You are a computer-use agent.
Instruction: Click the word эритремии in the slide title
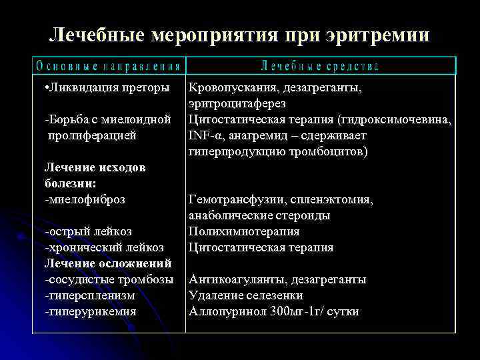click(x=377, y=35)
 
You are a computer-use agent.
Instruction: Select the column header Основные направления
click(x=109, y=66)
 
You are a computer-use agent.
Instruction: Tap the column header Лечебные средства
click(x=320, y=66)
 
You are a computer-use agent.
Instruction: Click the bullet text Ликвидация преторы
click(x=107, y=87)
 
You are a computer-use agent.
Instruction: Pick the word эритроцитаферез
click(x=237, y=103)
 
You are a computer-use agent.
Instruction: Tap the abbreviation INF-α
click(x=203, y=135)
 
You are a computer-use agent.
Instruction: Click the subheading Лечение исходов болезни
click(x=95, y=175)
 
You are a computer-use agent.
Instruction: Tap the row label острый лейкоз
click(x=88, y=231)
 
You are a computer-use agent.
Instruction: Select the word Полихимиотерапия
click(x=244, y=231)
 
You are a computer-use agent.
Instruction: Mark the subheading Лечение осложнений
click(x=108, y=263)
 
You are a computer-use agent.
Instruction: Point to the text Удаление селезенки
click(x=246, y=295)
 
